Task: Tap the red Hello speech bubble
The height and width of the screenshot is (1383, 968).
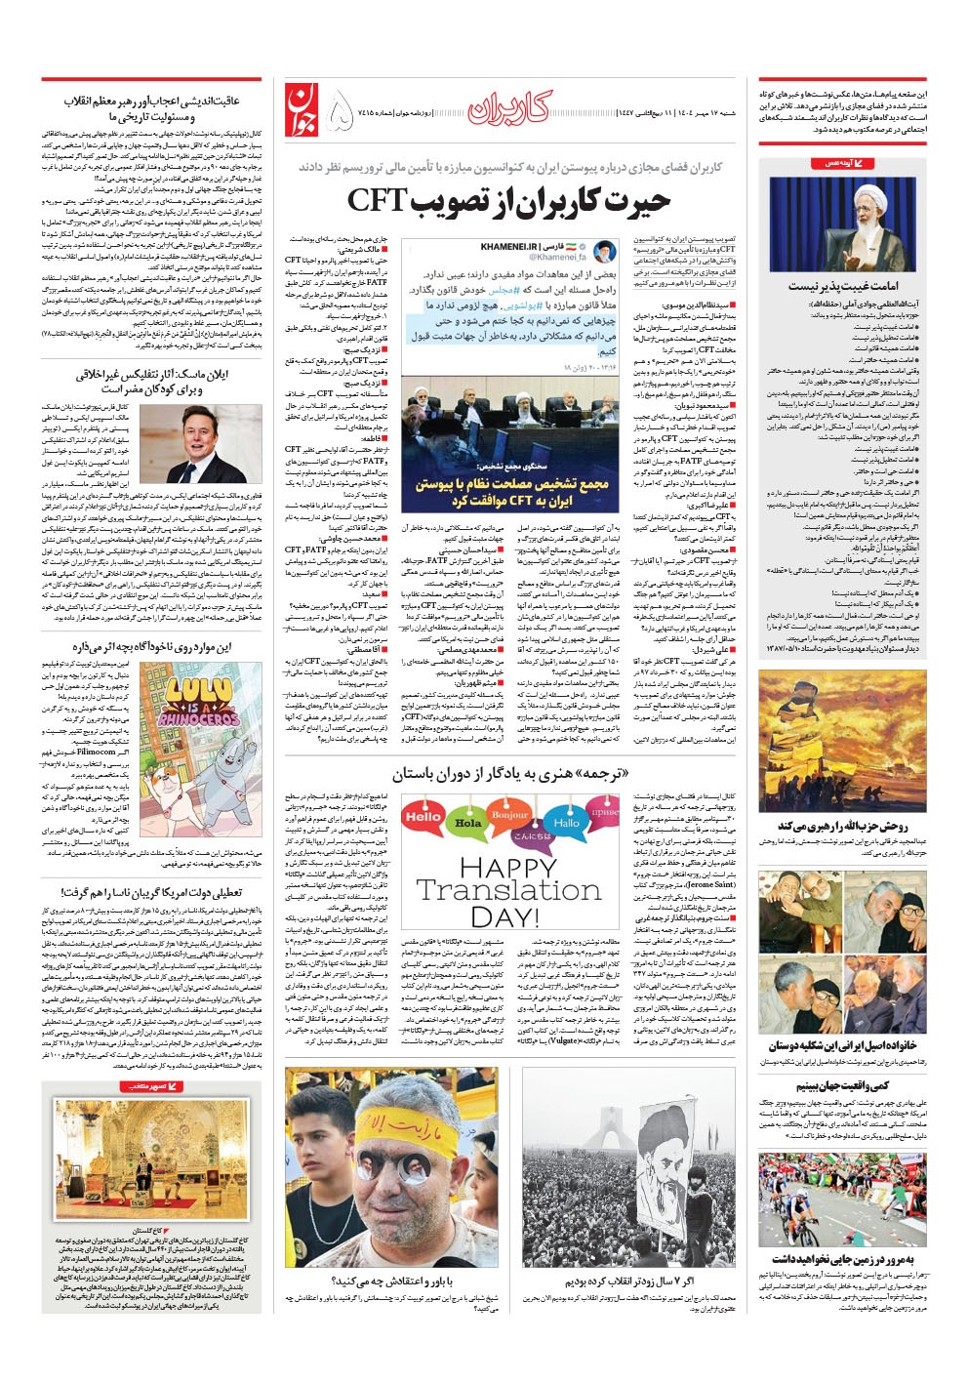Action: (x=423, y=816)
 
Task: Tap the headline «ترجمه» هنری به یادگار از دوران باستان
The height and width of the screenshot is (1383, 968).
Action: (x=509, y=774)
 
